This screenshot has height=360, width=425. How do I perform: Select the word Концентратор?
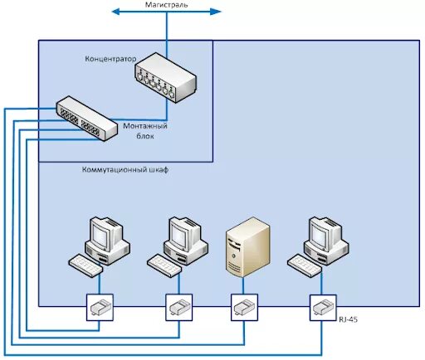pyautogui.click(x=110, y=59)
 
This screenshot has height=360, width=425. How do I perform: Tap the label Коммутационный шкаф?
pyautogui.click(x=125, y=169)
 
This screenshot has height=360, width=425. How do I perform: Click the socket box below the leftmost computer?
pyautogui.click(x=100, y=307)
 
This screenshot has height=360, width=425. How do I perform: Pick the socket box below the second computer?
pyautogui.click(x=178, y=307)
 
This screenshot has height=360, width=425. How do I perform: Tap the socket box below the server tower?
pyautogui.click(x=243, y=307)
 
